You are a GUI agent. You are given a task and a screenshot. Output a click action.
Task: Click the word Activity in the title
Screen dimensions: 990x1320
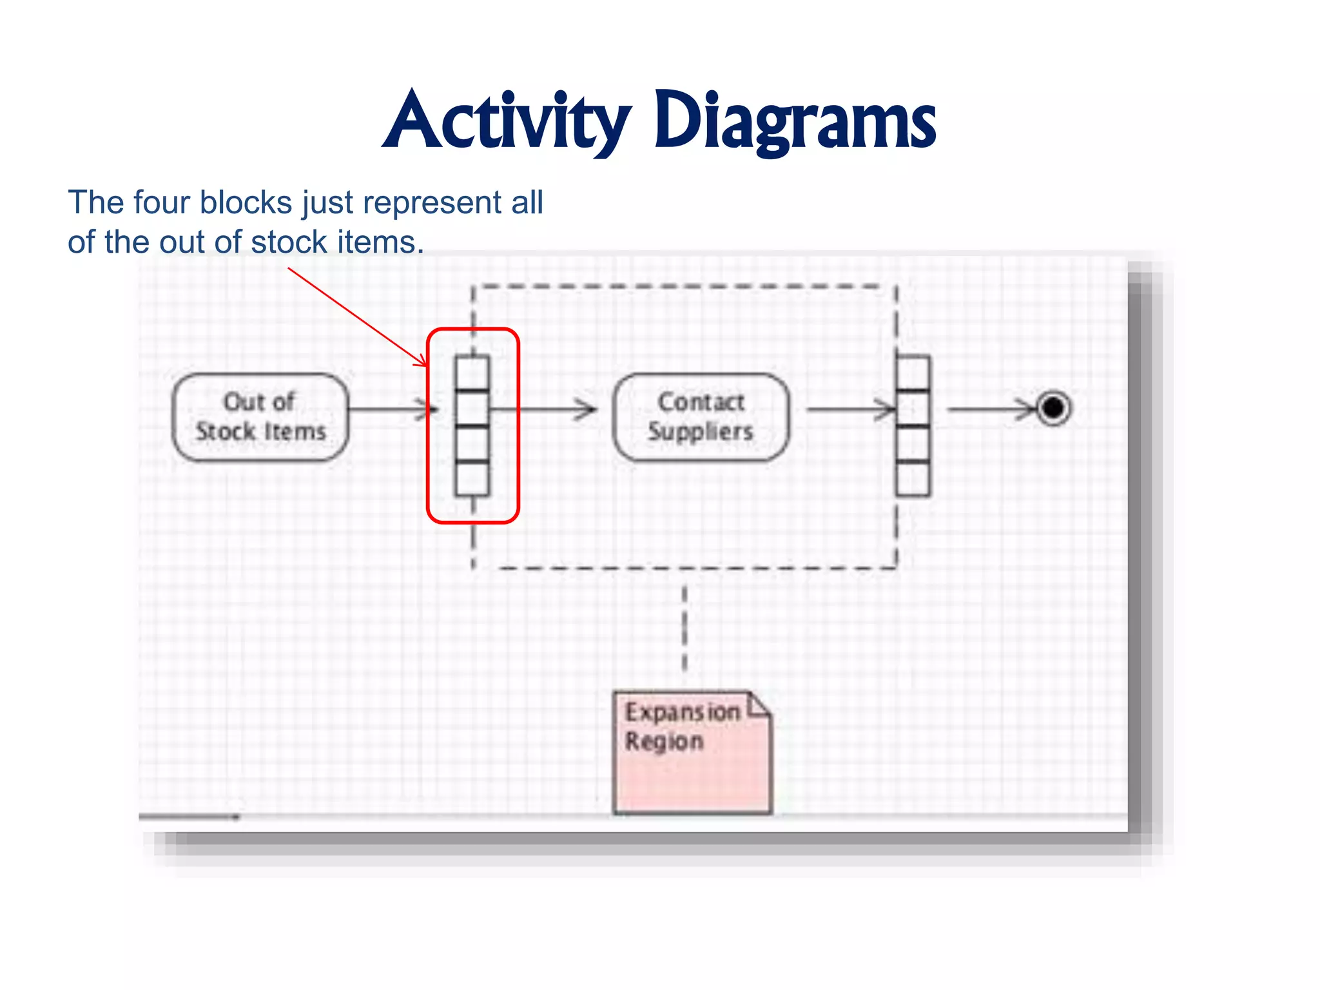(507, 121)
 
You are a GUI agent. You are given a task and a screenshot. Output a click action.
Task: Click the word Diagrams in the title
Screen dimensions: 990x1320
(794, 121)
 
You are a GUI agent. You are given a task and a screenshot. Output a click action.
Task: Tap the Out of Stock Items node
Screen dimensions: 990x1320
(260, 417)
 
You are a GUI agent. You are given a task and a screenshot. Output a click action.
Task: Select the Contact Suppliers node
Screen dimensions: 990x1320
(701, 417)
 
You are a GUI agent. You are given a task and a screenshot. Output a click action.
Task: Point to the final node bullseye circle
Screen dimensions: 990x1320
(1053, 408)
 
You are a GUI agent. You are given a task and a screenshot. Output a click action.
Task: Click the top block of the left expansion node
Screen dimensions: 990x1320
(472, 373)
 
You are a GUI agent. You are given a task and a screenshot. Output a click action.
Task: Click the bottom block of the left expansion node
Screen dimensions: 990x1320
(472, 479)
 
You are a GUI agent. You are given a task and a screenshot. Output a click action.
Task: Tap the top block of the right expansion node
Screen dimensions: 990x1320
(913, 373)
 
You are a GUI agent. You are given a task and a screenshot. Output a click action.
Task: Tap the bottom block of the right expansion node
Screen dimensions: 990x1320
(913, 479)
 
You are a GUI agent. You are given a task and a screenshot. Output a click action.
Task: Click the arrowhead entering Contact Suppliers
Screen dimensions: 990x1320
(587, 409)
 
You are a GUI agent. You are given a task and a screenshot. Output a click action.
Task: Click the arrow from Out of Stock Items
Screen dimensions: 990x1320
(391, 409)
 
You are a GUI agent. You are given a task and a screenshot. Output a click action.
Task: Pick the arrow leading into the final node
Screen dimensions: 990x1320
(993, 409)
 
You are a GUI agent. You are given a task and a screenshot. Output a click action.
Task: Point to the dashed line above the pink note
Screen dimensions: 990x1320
(684, 628)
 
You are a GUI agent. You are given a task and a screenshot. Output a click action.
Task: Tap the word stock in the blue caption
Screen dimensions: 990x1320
(289, 242)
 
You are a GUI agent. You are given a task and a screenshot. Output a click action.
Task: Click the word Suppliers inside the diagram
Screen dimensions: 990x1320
(701, 431)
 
